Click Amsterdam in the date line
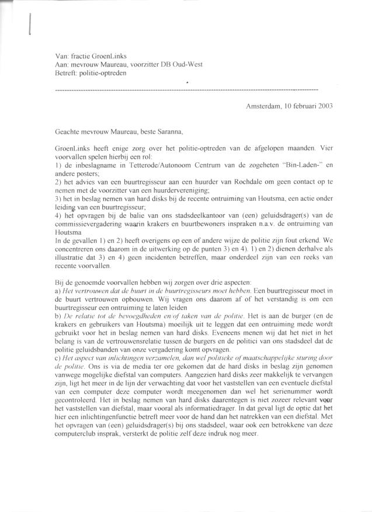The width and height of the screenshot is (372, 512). [263, 106]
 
